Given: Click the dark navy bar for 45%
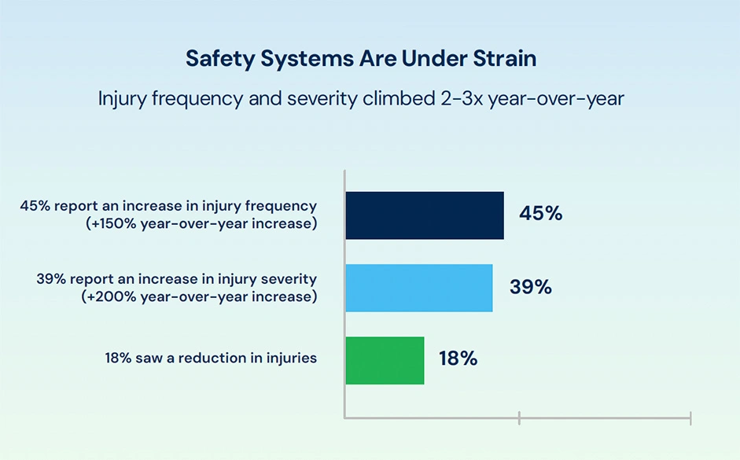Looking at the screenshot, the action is pyautogui.click(x=425, y=215).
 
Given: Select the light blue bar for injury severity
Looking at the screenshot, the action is pyautogui.click(x=419, y=288).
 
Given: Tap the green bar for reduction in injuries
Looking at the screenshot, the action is pyautogui.click(x=385, y=360).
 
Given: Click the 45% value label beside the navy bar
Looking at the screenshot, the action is pyautogui.click(x=541, y=213).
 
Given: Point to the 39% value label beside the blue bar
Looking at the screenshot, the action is pyautogui.click(x=531, y=287).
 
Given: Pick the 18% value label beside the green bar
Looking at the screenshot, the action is pyautogui.click(x=458, y=359).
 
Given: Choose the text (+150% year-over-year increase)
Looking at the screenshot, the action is pyautogui.click(x=201, y=223).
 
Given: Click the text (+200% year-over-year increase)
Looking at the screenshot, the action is pyautogui.click(x=199, y=296).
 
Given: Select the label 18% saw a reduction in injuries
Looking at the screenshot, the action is pyautogui.click(x=211, y=358).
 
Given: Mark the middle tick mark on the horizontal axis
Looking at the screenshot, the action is pyautogui.click(x=519, y=418).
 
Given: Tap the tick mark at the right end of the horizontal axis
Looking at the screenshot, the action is pyautogui.click(x=690, y=418).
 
